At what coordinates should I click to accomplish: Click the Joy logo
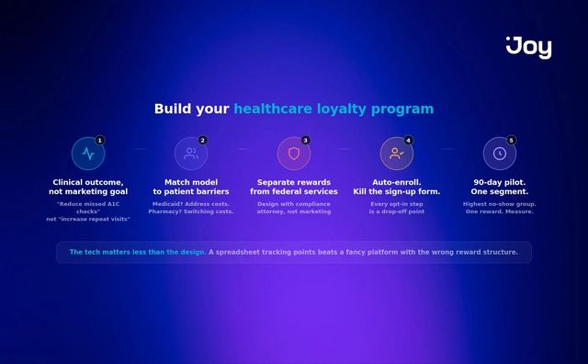[x=529, y=46]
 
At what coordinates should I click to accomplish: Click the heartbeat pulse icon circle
[x=88, y=154]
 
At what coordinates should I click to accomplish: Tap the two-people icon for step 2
[x=191, y=154]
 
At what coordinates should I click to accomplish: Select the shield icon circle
[x=294, y=154]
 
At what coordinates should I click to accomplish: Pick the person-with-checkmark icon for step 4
[x=397, y=154]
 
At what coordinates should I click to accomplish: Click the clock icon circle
[x=500, y=154]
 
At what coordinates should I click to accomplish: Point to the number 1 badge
[x=100, y=140]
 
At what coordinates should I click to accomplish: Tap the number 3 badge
[x=306, y=140]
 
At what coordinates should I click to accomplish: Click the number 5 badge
[x=512, y=140]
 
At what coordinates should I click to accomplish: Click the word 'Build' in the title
[x=173, y=109]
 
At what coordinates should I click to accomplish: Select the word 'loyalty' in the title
[x=342, y=109]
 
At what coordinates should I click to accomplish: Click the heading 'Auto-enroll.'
[x=397, y=182]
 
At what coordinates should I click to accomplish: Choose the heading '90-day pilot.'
[x=500, y=182]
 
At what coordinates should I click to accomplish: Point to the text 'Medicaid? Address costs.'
[x=191, y=203]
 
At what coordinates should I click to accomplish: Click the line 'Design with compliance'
[x=294, y=203]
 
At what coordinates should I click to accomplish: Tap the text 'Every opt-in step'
[x=397, y=203]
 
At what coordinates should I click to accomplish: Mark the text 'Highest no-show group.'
[x=500, y=203]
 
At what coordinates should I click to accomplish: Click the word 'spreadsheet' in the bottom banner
[x=243, y=252]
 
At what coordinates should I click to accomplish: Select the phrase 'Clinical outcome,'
[x=88, y=182]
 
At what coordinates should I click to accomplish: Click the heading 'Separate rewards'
[x=294, y=182]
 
